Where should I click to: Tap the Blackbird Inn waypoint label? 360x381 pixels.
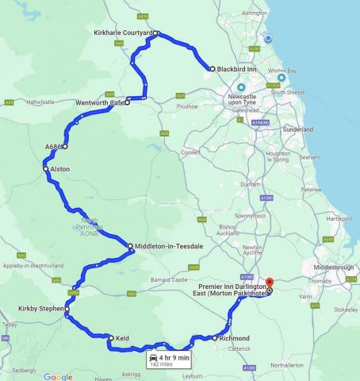[236, 69]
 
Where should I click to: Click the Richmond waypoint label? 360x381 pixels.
[235, 338]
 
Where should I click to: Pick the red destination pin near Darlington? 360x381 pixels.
[269, 282]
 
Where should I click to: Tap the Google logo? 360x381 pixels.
[58, 376]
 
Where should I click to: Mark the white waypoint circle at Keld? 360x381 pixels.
[111, 337]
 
